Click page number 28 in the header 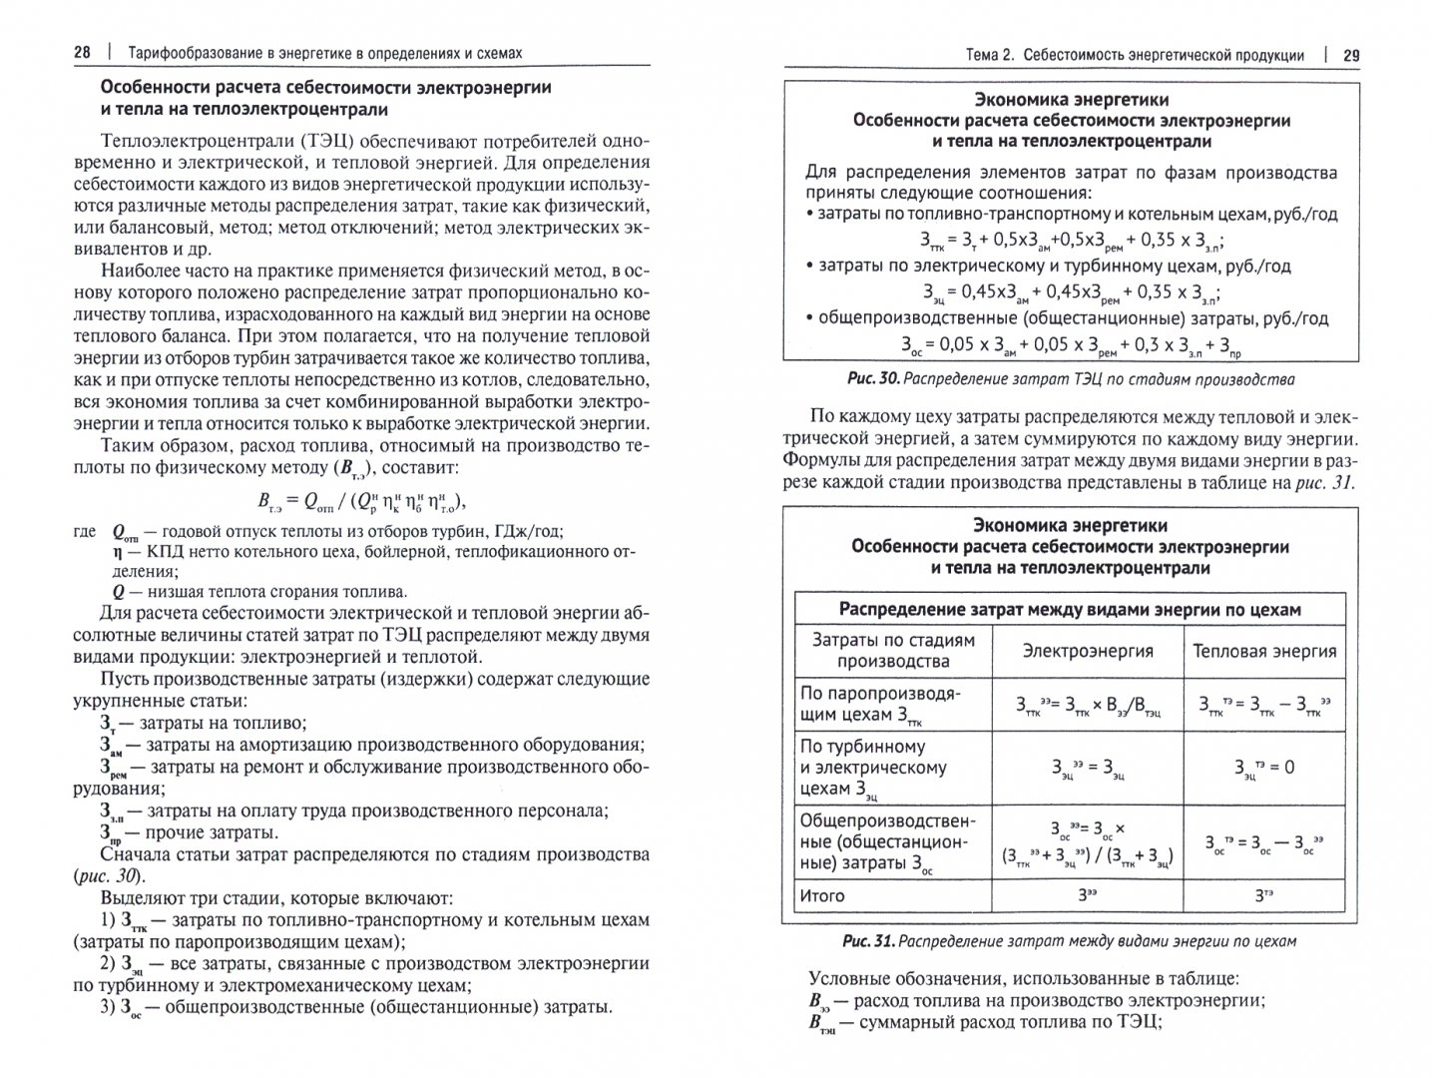point(83,53)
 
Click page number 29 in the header point(1350,55)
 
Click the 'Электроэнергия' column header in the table point(1088,651)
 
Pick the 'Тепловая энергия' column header point(1264,651)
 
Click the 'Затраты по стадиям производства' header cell point(893,650)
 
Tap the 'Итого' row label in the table point(822,895)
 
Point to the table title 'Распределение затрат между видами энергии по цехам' point(1070,609)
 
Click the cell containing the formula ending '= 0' point(1264,767)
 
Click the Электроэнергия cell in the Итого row point(1088,895)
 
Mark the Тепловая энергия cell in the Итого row point(1264,895)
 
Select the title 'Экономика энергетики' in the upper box point(1070,100)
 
